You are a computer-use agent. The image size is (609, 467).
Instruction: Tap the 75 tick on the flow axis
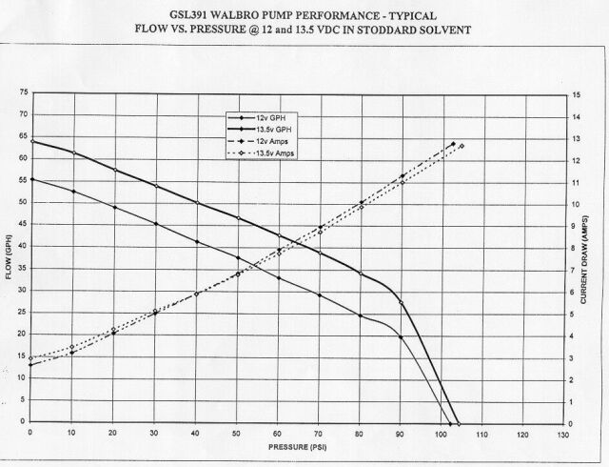pos(22,92)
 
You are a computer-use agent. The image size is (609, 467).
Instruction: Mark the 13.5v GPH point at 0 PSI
pos(32,141)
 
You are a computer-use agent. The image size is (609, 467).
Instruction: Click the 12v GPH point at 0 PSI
pos(32,179)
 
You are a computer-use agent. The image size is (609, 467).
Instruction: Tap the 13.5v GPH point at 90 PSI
pos(402,303)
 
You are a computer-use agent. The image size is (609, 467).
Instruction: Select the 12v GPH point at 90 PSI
pos(402,337)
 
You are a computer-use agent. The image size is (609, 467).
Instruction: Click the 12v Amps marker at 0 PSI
pos(32,365)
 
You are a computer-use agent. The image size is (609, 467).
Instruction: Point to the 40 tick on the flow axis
pos(22,247)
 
